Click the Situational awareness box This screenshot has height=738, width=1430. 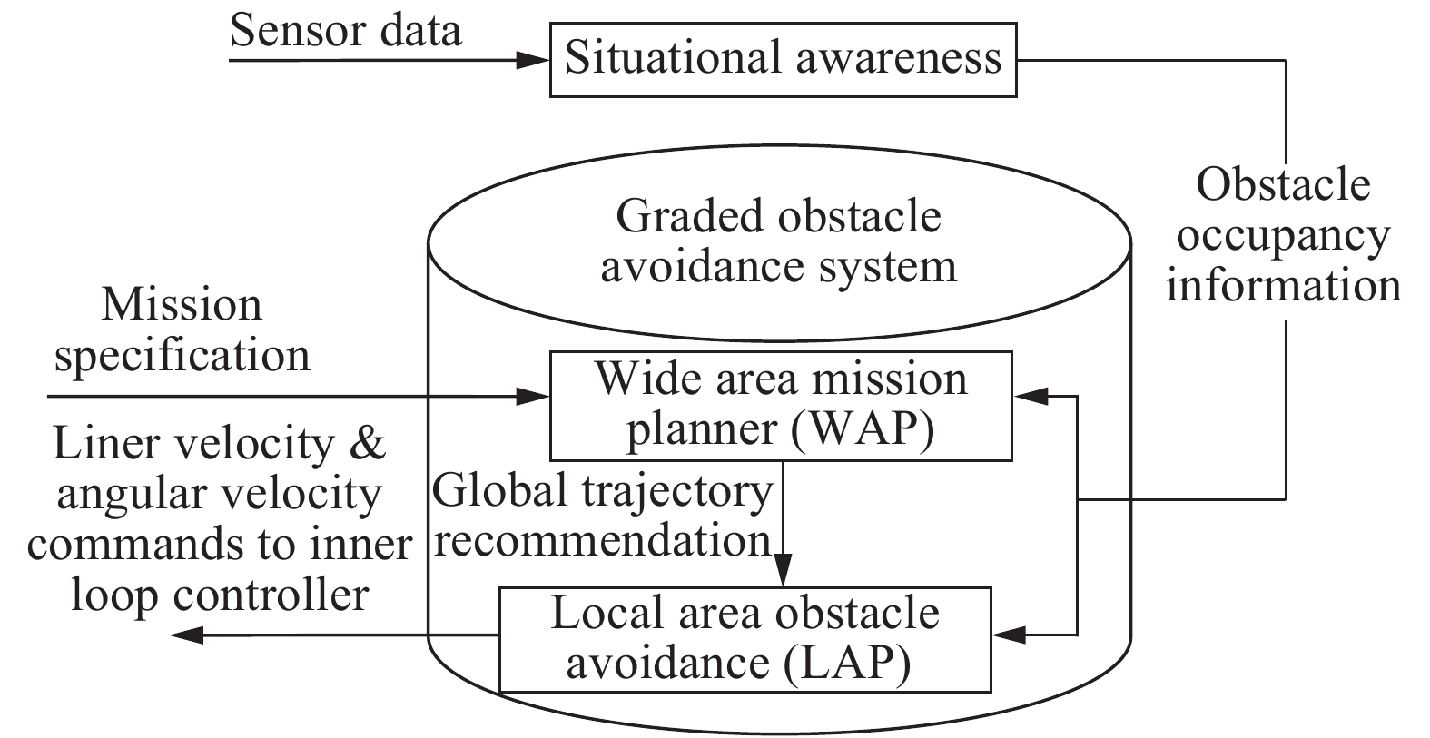pos(783,59)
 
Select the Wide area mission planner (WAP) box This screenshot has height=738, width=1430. pos(781,406)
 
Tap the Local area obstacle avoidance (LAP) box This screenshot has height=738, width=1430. pos(745,639)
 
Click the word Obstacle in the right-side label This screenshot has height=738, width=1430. pos(1283,185)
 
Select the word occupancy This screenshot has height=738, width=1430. pos(1283,236)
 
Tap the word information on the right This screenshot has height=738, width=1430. pos(1283,285)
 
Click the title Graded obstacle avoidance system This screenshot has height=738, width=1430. pos(779,241)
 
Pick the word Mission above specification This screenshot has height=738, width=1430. pos(182,304)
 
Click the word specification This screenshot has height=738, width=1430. pos(182,355)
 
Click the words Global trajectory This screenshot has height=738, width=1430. pos(602,491)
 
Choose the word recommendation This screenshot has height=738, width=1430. pos(609,542)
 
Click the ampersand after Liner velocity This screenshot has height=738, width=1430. pos(369,444)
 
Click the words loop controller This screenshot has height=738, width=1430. pos(220,595)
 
